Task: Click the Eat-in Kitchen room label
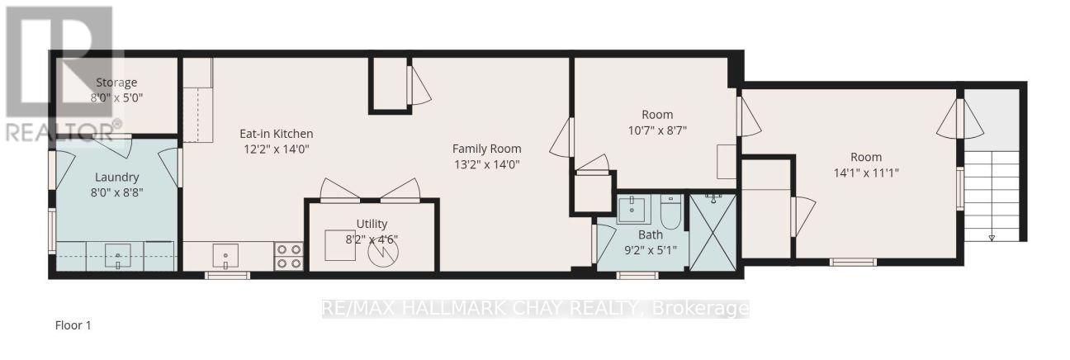point(276,134)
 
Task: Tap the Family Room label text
point(486,149)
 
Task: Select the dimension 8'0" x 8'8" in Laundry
point(116,192)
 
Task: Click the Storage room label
point(116,83)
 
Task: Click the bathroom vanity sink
point(633,210)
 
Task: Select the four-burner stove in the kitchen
point(288,256)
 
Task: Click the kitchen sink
point(225,255)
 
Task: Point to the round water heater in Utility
point(382,252)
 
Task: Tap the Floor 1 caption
point(73,326)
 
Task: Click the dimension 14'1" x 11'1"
point(866,173)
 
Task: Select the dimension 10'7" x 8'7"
point(657,130)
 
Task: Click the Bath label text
point(650,234)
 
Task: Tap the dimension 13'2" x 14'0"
point(486,164)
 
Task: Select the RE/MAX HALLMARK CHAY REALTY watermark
point(535,309)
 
